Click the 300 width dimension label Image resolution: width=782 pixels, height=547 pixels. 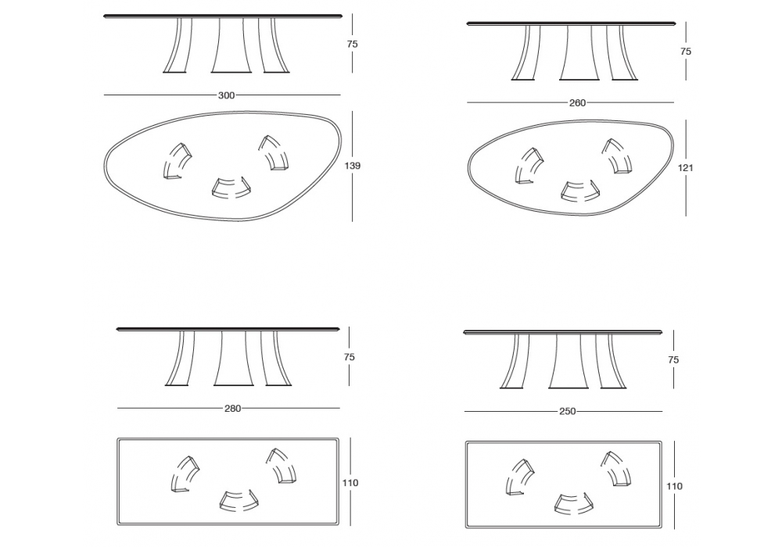tap(227, 95)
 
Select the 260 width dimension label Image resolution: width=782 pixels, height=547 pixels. tap(578, 103)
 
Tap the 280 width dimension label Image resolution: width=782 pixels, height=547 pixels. tap(232, 409)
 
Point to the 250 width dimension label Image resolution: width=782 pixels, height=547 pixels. tap(568, 412)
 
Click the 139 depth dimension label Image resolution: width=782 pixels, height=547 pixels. tap(352, 166)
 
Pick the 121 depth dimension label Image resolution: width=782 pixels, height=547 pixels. tap(685, 168)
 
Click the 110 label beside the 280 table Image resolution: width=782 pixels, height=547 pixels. tap(350, 483)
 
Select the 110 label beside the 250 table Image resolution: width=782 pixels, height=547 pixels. tap(674, 486)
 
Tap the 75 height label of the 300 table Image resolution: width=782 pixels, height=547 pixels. tap(352, 45)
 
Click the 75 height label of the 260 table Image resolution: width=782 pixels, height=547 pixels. tap(686, 52)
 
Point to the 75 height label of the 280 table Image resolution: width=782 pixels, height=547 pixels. tap(349, 357)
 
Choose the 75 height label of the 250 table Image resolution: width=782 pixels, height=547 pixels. tap(673, 359)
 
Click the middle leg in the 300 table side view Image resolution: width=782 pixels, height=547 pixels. tap(231, 46)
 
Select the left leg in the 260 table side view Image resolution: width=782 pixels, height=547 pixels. tap(526, 53)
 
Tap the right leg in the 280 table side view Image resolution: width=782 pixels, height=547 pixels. tap(275, 359)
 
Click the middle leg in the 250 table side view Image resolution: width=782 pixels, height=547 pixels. tap(568, 361)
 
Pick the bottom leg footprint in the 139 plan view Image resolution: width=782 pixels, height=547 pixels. tap(231, 188)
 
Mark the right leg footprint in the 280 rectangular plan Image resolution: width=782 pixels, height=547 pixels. tap(281, 466)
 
